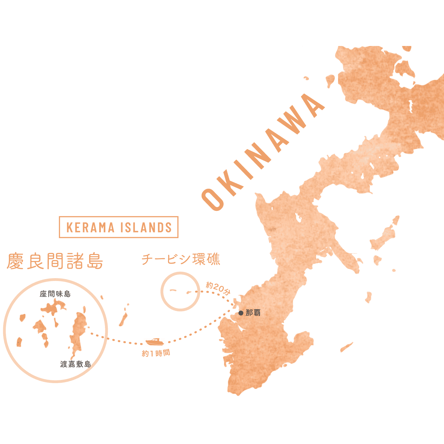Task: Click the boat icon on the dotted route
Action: point(155,342)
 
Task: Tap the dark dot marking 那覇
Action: point(241,313)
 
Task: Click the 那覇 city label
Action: point(253,313)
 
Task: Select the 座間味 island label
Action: point(55,294)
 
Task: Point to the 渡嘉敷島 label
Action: point(75,364)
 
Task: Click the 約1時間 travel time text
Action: point(156,353)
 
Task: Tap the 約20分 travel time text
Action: point(218,288)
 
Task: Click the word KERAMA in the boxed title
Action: point(90,227)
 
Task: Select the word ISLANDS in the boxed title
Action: point(146,227)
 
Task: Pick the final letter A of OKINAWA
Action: point(312,105)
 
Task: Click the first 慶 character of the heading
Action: point(15,261)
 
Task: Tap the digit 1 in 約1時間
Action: point(152,353)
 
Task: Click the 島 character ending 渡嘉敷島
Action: point(88,364)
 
